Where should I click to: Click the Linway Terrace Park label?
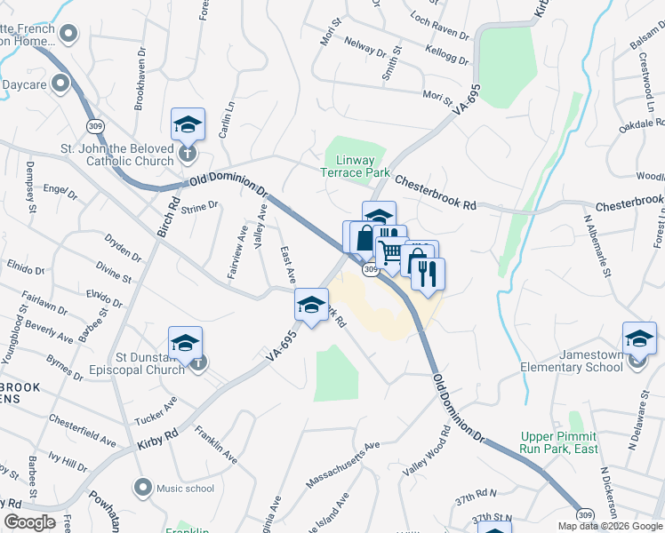(356, 165)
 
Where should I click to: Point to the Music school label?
(185, 488)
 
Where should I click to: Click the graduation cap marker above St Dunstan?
(185, 342)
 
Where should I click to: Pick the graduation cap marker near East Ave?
(311, 305)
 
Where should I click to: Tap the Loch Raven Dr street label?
(439, 27)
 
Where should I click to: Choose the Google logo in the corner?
(30, 521)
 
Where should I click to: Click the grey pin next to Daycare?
(61, 84)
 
